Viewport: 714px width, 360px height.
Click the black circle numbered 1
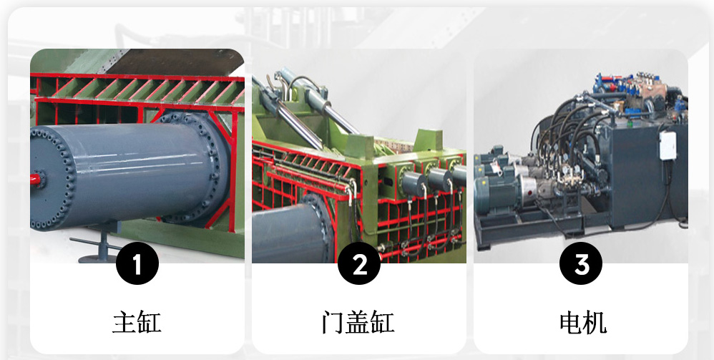137,263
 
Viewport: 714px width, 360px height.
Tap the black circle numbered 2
359,263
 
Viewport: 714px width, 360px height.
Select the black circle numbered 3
581,263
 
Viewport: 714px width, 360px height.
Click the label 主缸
137,322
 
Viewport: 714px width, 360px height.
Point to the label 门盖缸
358,322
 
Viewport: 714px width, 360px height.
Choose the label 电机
583,322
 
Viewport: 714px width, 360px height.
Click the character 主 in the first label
124,322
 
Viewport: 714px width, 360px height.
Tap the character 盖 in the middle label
358,322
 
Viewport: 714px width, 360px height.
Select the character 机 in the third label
596,322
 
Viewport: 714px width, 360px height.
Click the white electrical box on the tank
668,146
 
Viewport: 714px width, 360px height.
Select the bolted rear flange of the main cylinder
196,169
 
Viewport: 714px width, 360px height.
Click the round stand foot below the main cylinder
97,259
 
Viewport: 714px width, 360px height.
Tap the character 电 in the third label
571,322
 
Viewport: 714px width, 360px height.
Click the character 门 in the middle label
333,322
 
